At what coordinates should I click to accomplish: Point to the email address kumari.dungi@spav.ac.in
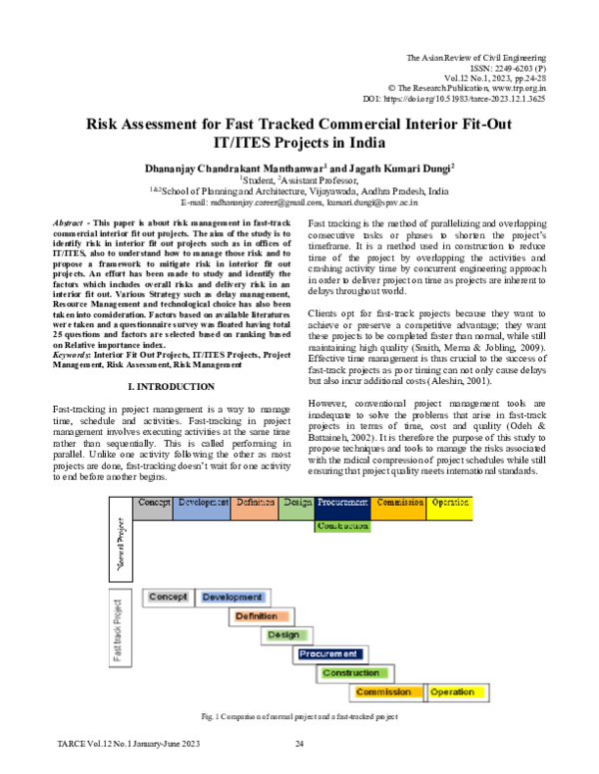point(386,202)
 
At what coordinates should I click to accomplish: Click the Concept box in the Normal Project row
point(155,503)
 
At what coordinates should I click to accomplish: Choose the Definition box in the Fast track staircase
point(257,616)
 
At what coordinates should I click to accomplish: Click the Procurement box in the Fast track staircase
point(328,654)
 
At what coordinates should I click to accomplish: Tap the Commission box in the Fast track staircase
point(384,692)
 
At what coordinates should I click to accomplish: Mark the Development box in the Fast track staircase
point(232,597)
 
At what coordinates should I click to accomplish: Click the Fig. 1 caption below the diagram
point(299,717)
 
